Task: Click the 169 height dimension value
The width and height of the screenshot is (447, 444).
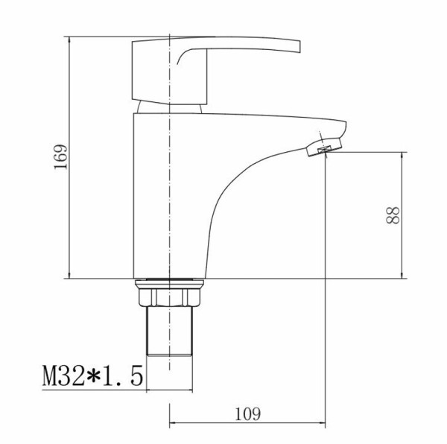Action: [61, 157]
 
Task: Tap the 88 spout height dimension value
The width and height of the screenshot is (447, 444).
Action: [393, 215]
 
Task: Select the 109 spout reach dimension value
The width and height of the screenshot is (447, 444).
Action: [247, 414]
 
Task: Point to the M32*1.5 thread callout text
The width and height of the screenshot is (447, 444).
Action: [92, 376]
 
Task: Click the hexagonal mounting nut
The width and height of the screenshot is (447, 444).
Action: [169, 297]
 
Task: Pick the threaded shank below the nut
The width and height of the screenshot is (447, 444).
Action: [169, 331]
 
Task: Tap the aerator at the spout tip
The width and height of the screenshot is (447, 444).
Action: [324, 147]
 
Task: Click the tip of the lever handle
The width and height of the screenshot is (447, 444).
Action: [300, 47]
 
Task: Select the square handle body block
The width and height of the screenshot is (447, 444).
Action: [169, 73]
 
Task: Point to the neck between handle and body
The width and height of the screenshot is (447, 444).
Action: [169, 108]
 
